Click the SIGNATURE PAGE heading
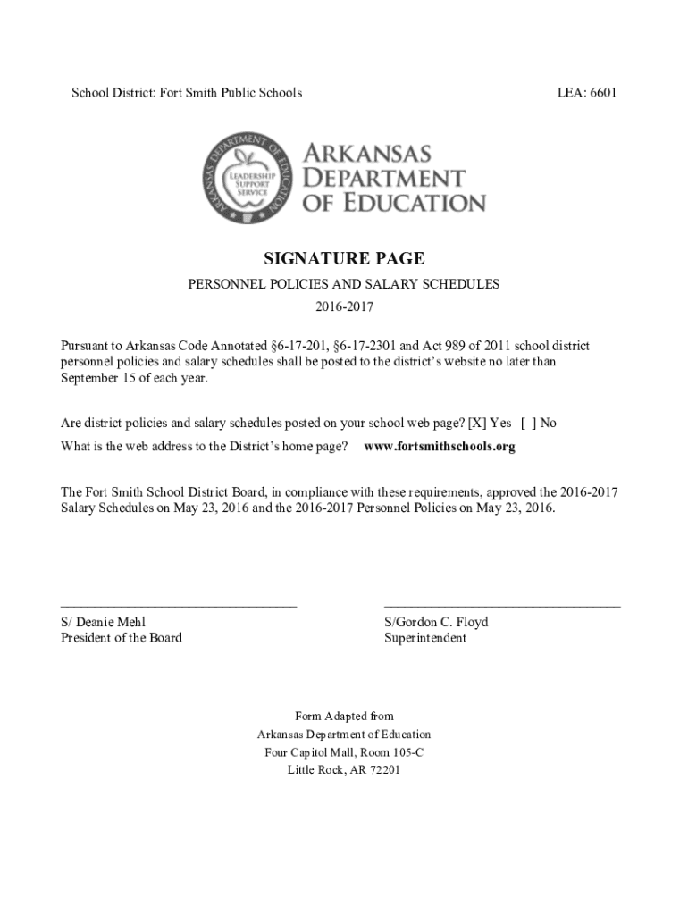point(344,259)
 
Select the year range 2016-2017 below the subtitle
point(344,307)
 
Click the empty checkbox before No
point(529,423)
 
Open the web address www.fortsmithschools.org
point(440,446)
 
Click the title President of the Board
point(122,638)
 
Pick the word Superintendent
point(425,638)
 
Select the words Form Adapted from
point(344,716)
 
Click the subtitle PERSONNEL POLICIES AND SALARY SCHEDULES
point(344,284)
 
